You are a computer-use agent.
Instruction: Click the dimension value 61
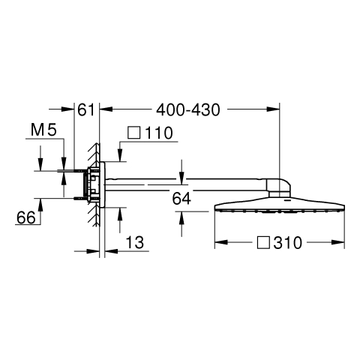[86, 110]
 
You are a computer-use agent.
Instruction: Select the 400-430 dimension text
[188, 110]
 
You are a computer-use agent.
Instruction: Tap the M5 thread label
[43, 130]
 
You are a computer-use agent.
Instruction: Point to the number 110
[159, 133]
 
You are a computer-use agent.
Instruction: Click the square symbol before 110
[133, 133]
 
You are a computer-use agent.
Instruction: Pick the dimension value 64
[181, 199]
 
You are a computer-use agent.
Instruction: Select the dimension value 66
[26, 217]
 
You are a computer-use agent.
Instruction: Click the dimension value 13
[135, 242]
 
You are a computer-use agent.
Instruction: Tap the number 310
[288, 243]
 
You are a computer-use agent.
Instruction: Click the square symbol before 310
[263, 242]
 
